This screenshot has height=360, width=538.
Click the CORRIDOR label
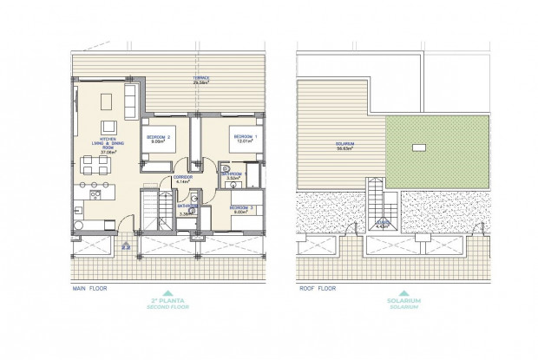pos(182,179)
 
